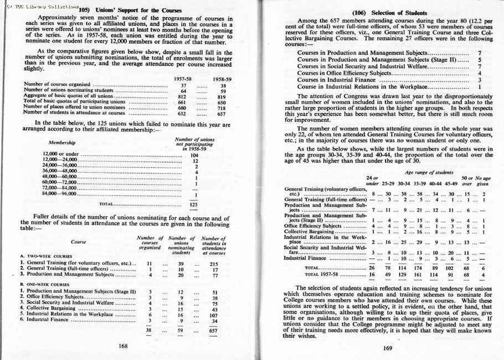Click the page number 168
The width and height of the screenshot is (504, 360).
tap(123, 346)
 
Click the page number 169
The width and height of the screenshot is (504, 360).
tap(388, 348)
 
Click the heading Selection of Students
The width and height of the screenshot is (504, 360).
tap(387, 12)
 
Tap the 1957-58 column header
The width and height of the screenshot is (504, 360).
tap(183, 79)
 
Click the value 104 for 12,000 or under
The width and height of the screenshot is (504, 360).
tap(194, 155)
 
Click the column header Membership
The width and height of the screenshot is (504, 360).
tap(62, 142)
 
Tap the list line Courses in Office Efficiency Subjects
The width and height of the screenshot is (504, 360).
tap(344, 73)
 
